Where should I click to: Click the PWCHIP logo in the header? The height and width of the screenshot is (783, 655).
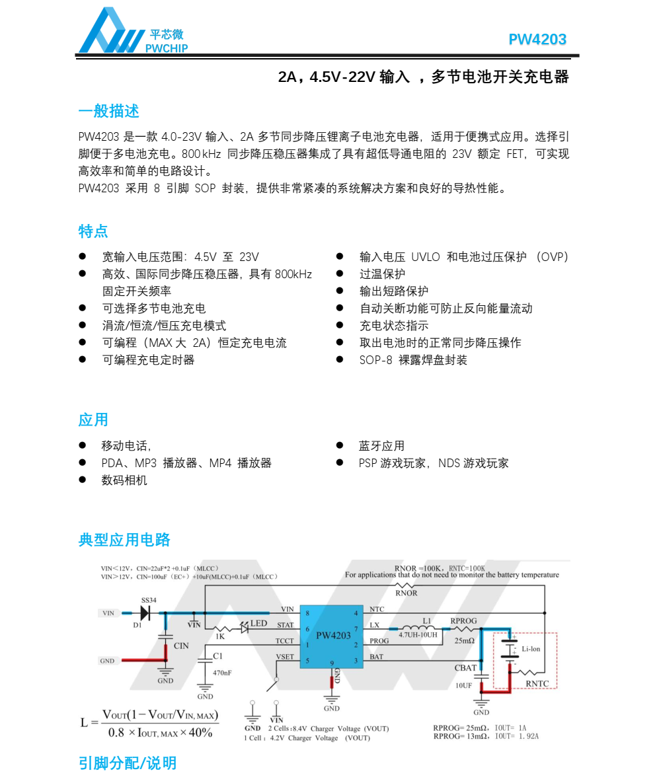tap(132, 31)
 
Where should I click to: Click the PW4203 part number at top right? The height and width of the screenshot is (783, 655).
tap(537, 40)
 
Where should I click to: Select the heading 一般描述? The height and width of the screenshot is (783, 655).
tap(108, 111)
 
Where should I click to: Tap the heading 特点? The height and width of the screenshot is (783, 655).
tap(93, 231)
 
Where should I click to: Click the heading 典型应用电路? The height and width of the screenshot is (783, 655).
tap(124, 540)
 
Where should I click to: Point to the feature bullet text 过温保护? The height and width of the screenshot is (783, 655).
tap(382, 274)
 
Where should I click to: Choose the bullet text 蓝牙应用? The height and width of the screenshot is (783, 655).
tap(381, 446)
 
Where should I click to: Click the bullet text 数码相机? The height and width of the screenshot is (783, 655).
tap(124, 480)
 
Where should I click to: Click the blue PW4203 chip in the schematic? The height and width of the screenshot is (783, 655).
tap(332, 636)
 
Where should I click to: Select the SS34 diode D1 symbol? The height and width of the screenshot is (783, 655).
tap(144, 613)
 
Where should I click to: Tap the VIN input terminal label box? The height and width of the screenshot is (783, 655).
tap(108, 613)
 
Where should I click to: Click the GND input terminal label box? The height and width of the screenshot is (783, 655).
tap(107, 661)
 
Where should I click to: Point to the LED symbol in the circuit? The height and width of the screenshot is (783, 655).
tap(244, 628)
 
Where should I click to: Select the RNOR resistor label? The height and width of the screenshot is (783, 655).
tap(406, 593)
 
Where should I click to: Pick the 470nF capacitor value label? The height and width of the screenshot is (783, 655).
tap(222, 673)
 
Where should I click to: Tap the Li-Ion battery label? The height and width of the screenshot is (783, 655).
tap(531, 649)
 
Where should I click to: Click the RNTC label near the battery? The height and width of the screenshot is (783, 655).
tap(537, 683)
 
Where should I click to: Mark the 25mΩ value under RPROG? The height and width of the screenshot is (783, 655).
tap(464, 641)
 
